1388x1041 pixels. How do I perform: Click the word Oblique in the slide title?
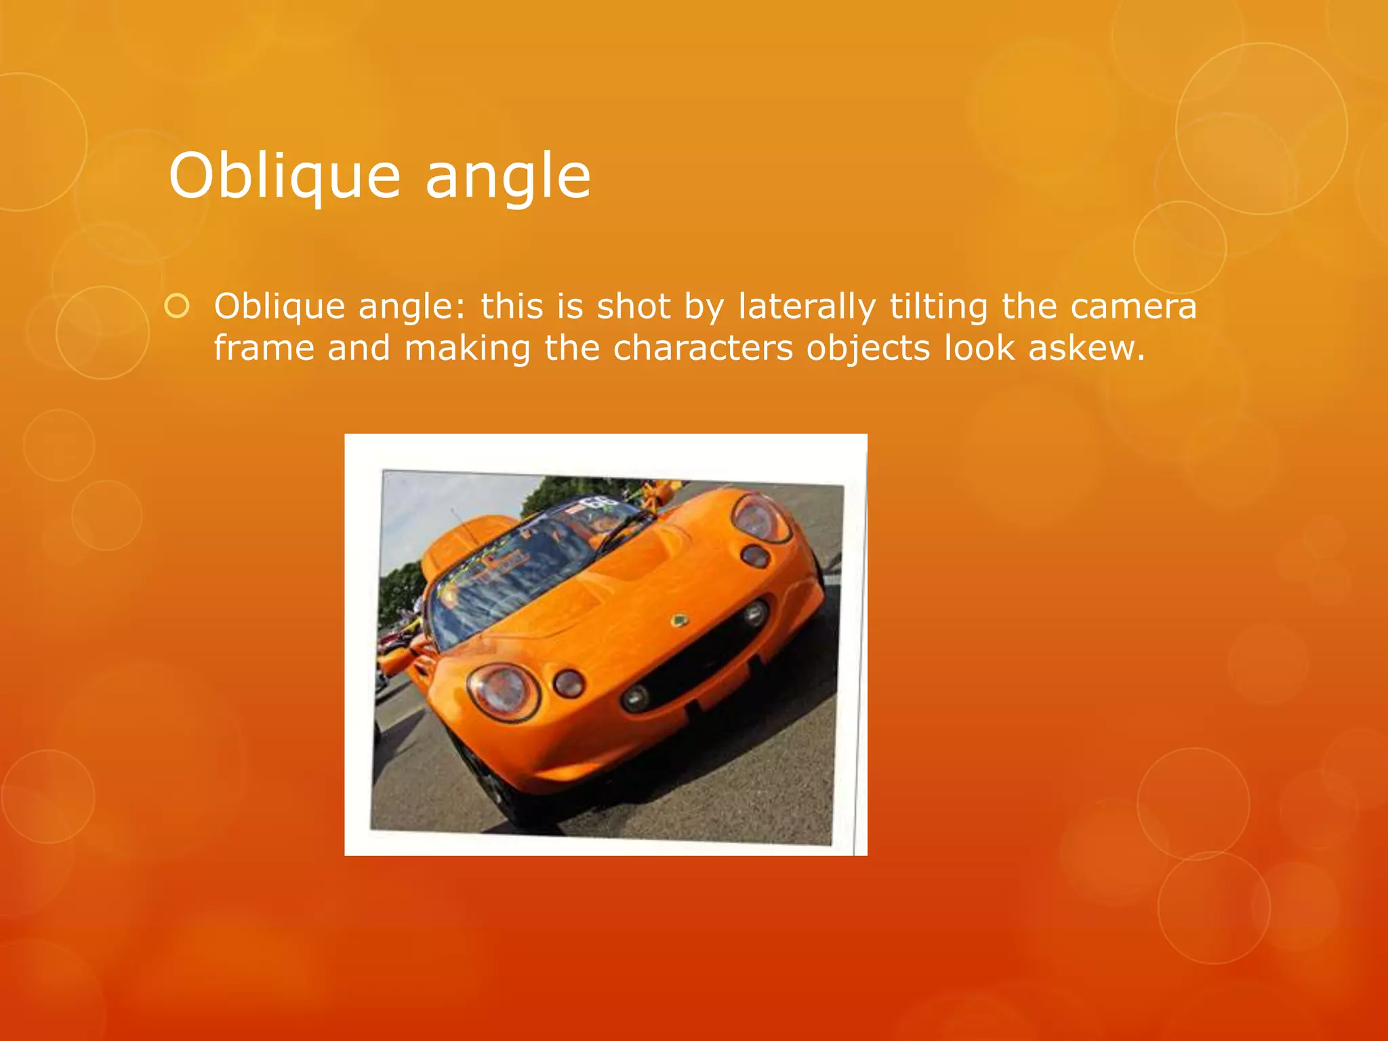point(285,176)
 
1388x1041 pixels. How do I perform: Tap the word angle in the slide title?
point(508,178)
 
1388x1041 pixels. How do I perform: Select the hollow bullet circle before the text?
point(177,307)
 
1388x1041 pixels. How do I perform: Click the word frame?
point(265,348)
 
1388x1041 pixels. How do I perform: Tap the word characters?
point(703,348)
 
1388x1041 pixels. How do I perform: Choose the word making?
point(467,350)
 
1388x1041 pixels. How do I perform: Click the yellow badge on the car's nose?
point(678,619)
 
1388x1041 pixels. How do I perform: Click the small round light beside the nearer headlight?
point(569,683)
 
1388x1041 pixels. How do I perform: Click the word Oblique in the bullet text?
point(279,308)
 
